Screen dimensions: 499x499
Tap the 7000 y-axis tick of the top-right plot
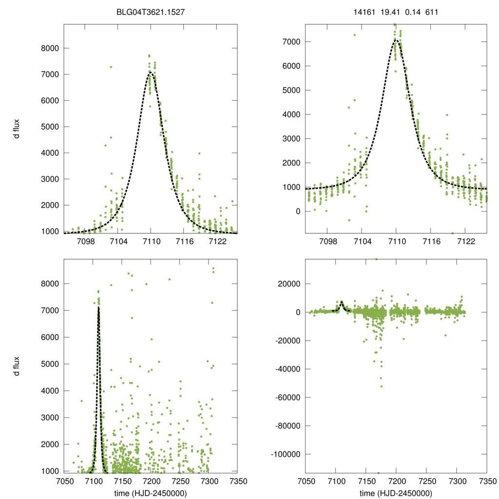click(288, 42)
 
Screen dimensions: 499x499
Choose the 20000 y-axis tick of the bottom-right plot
click(286, 284)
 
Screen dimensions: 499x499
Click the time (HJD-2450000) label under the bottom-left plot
click(151, 493)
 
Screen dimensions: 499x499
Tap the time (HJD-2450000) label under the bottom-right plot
click(395, 493)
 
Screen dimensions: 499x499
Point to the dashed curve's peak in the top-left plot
click(151, 73)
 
